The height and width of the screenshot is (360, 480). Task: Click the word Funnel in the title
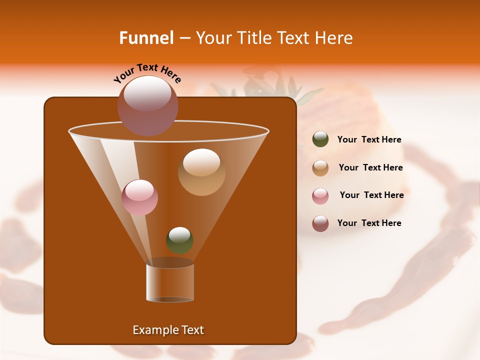tap(146, 38)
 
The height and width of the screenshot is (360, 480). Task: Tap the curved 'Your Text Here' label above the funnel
tap(147, 73)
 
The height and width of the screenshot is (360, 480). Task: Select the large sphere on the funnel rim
tap(148, 105)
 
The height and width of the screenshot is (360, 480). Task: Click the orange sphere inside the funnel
tap(201, 171)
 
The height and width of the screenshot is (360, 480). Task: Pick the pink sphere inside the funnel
tap(139, 197)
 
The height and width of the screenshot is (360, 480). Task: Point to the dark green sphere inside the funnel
tap(179, 240)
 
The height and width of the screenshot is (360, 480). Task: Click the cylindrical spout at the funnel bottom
tap(170, 282)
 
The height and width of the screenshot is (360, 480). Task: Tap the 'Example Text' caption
tap(168, 330)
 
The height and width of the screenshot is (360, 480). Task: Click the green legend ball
tap(320, 139)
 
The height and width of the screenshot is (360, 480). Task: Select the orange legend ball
tap(320, 168)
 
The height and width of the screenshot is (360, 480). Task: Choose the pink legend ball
tap(320, 196)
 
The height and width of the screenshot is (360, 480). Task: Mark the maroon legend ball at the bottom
tap(320, 223)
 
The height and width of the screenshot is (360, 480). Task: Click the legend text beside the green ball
tap(369, 140)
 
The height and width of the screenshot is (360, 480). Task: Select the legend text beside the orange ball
tap(370, 167)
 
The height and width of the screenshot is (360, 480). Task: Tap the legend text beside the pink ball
tap(371, 195)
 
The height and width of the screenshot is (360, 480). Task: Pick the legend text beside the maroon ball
tap(369, 223)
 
